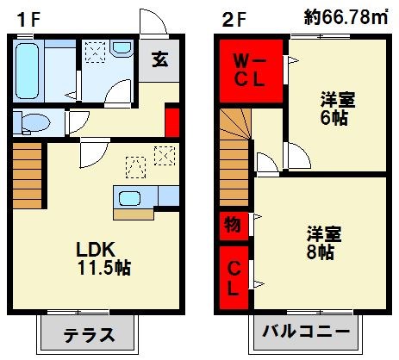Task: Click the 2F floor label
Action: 230,16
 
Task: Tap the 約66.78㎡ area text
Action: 346,16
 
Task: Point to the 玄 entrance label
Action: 159,60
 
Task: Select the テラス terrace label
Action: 88,334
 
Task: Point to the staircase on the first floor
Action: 28,172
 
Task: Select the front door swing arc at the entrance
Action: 152,24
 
